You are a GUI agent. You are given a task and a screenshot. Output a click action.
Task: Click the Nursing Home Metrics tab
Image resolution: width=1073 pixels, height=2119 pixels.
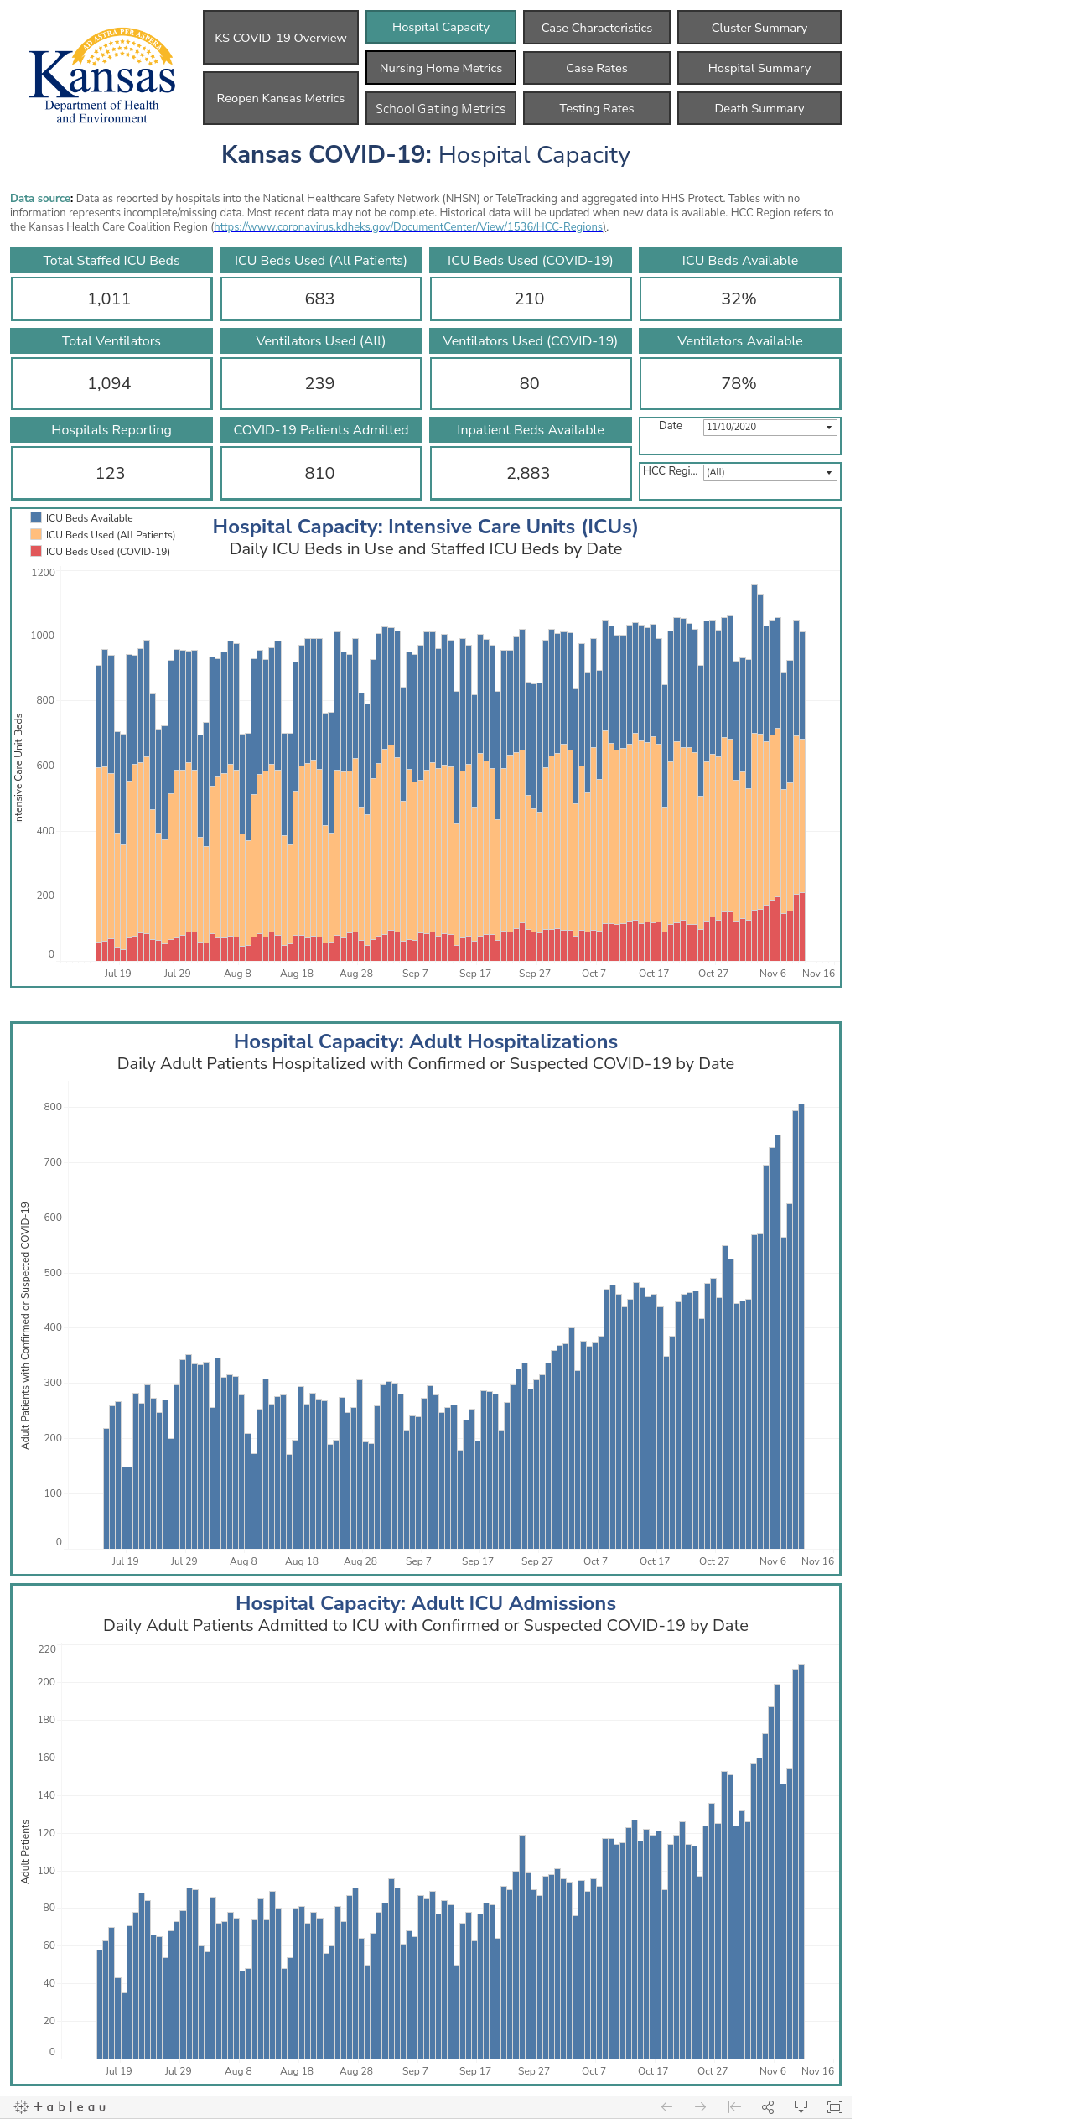(x=441, y=68)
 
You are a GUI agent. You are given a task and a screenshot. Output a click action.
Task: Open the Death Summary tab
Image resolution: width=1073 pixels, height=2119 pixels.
(x=759, y=108)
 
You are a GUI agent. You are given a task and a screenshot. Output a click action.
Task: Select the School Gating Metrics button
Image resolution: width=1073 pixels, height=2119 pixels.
(x=441, y=108)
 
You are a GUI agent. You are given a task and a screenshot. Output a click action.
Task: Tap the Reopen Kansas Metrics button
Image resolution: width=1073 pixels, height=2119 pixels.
(x=281, y=98)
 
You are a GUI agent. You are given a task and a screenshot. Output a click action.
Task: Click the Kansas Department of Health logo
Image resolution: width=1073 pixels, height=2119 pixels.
(x=102, y=76)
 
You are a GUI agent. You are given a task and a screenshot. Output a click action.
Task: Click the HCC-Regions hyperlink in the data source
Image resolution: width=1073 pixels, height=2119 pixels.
(x=409, y=227)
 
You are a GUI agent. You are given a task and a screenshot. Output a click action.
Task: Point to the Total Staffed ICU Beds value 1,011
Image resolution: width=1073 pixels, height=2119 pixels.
(x=110, y=299)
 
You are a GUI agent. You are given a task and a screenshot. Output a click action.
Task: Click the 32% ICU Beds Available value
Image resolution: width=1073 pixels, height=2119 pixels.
(x=739, y=299)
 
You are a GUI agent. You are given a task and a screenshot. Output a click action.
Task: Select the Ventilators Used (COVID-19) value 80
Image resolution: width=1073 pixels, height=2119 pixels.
(x=529, y=383)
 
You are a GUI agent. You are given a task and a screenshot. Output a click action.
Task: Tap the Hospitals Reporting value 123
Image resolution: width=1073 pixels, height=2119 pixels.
(x=110, y=473)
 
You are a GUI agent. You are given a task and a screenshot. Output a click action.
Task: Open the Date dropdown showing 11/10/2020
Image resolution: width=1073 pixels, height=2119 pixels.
(x=770, y=427)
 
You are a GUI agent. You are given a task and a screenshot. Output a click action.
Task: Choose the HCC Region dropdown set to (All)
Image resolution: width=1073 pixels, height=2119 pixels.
(x=770, y=472)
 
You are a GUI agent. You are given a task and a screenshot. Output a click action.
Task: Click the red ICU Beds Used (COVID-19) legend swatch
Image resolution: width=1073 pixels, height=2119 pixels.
(x=36, y=551)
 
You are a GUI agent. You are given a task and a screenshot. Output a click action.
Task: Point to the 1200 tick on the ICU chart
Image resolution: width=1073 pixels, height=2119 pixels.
(x=43, y=573)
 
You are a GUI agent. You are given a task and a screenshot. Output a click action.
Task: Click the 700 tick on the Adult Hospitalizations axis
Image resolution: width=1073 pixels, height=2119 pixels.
(x=53, y=1162)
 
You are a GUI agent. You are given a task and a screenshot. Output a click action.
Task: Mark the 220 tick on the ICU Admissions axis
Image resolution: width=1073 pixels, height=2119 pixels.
(x=47, y=1649)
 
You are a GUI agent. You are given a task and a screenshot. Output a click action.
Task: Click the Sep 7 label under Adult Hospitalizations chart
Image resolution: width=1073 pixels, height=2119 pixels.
(x=418, y=1561)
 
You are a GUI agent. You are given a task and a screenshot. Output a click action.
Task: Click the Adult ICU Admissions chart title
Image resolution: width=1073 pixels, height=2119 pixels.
(x=426, y=1602)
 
